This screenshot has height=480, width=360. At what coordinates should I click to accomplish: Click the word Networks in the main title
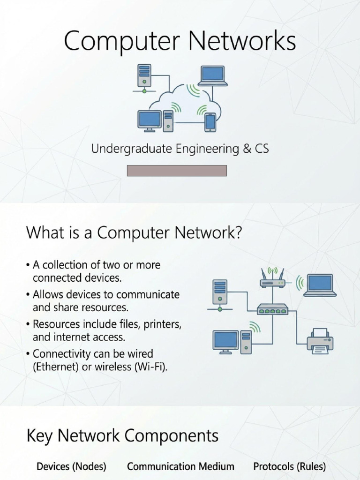(x=242, y=40)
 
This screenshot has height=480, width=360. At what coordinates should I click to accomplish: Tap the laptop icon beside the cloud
(x=213, y=76)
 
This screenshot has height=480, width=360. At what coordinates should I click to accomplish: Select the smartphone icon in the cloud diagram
(x=210, y=122)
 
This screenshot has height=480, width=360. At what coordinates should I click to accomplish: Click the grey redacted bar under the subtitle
(x=177, y=171)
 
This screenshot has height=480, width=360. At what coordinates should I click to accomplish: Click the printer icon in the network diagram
(x=320, y=341)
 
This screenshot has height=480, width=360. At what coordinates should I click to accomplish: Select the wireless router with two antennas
(x=272, y=278)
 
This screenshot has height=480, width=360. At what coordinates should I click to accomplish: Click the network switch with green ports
(x=272, y=309)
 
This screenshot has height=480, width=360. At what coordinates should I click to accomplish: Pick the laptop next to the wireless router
(x=320, y=285)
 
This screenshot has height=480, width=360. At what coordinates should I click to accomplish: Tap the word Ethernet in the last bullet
(x=56, y=367)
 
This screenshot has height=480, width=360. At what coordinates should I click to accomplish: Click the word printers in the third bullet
(x=163, y=324)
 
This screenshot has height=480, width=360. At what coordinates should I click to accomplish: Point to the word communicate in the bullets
(x=148, y=294)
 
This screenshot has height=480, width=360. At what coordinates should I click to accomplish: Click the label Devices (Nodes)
(x=71, y=466)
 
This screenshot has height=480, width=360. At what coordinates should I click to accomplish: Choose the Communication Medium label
(x=180, y=466)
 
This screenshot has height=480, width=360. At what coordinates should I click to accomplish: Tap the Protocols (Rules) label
(x=290, y=466)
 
